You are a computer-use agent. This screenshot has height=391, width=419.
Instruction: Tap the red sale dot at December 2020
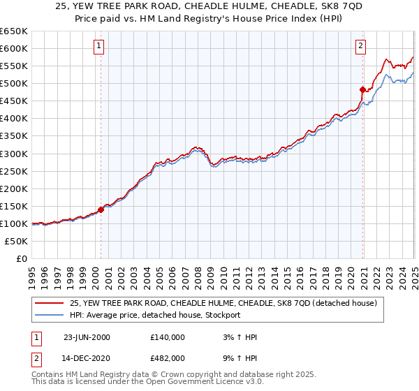click(363, 89)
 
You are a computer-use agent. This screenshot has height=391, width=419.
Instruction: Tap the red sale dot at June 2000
click(101, 209)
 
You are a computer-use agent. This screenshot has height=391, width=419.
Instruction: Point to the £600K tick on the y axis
click(14, 48)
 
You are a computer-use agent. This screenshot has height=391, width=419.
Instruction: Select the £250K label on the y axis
click(14, 171)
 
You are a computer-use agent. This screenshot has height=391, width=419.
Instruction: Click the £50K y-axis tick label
click(17, 241)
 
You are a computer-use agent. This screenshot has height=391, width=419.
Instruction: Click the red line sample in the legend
click(50, 303)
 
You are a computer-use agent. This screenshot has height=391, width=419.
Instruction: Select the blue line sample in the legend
click(50, 315)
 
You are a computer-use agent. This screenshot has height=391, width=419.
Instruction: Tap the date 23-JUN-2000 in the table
click(87, 337)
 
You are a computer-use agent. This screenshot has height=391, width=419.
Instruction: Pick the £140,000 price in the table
click(167, 337)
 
